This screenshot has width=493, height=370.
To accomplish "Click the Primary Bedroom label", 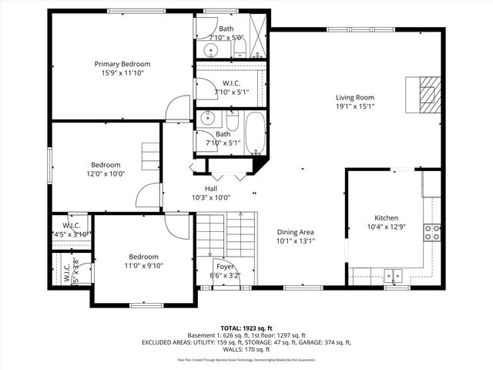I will pos(122,64).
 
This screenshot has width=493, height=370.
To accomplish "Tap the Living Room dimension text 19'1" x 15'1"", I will pos(354,106).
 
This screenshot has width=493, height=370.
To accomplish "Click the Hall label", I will pos(210,188).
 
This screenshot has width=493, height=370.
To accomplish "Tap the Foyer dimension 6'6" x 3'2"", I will pos(225,275).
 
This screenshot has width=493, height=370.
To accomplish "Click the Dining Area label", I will pos(296,231).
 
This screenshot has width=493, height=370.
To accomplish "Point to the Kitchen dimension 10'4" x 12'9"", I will pos(386,227).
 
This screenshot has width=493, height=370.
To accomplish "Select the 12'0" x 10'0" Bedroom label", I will pos(106,165).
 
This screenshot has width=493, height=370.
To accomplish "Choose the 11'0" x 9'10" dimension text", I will pos(144,266).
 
